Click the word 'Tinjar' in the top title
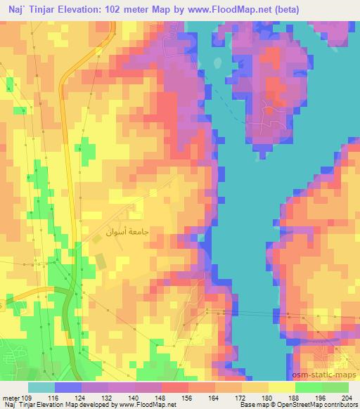44,9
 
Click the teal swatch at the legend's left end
41,388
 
